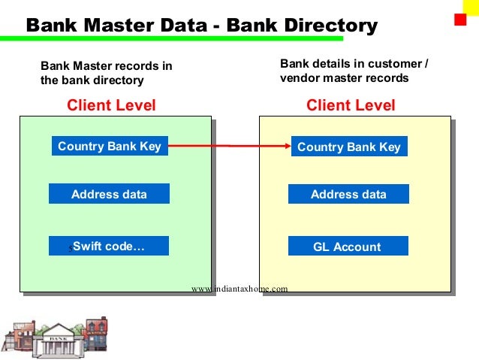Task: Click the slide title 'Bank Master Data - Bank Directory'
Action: point(201,26)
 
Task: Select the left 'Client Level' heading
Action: point(111,105)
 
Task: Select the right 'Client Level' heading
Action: point(351,105)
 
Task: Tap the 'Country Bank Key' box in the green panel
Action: point(110,146)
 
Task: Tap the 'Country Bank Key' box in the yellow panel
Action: point(349,147)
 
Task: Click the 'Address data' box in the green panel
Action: point(109,194)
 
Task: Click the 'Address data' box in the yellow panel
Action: point(348,194)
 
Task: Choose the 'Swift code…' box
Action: point(109,246)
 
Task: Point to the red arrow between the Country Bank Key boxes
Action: point(229,146)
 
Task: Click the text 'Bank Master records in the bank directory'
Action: point(106,73)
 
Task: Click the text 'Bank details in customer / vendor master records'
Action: point(354,71)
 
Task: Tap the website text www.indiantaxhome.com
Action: point(239,288)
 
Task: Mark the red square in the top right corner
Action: point(460,20)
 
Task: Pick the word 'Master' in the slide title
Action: point(115,26)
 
